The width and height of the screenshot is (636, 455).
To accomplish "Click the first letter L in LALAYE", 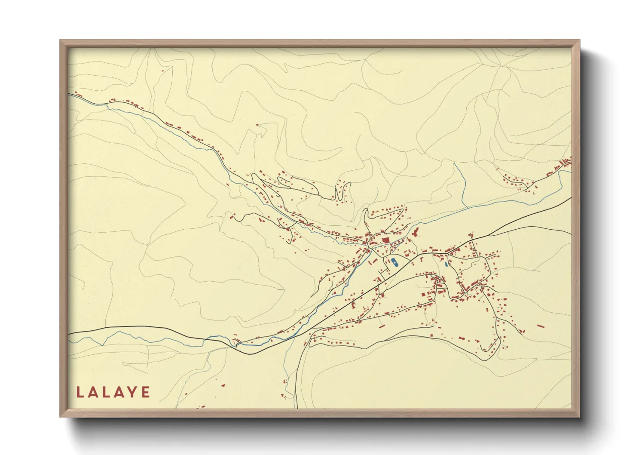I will pyautogui.click(x=79, y=392).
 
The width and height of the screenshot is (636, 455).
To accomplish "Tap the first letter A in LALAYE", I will pyautogui.click(x=94, y=392).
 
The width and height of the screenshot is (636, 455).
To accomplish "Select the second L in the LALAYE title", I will pyautogui.click(x=107, y=392).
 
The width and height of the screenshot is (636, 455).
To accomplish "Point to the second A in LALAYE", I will pyautogui.click(x=121, y=392).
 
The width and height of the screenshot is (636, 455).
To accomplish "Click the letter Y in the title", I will pyautogui.click(x=134, y=392).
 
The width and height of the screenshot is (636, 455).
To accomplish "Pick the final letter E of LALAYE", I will pyautogui.click(x=146, y=392).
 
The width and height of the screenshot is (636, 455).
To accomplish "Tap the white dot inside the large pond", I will pyautogui.click(x=394, y=261).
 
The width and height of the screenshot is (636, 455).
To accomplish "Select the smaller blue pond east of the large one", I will pyautogui.click(x=446, y=264).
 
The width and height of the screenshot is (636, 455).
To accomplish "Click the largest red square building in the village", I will pyautogui.click(x=385, y=240).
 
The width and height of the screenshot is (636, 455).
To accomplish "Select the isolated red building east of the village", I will pyautogui.click(x=541, y=326).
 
